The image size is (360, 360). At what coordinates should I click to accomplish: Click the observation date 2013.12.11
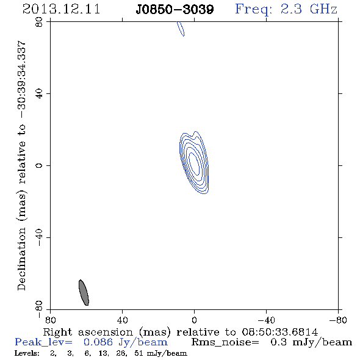tap(61, 9)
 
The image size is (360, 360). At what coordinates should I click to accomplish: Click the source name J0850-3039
tap(175, 9)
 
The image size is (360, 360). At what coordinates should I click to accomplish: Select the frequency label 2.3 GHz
tap(309, 9)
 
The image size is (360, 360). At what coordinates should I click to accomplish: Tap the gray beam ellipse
tap(84, 292)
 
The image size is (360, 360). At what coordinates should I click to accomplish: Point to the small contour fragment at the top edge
tap(181, 29)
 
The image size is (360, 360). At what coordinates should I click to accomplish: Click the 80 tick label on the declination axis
tap(39, 22)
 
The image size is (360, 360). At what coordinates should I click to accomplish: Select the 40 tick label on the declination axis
tap(39, 94)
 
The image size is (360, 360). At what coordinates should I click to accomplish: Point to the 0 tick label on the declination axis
tap(39, 165)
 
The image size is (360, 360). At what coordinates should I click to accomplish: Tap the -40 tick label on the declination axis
tap(39, 237)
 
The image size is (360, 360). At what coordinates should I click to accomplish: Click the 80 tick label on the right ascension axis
tap(50, 320)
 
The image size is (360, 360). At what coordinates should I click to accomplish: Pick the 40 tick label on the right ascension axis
tap(123, 320)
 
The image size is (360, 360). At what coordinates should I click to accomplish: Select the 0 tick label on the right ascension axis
tap(194, 320)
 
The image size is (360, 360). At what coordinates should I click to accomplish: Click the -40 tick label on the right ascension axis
tap(266, 320)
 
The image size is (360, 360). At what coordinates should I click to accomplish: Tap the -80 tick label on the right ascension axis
tap(338, 320)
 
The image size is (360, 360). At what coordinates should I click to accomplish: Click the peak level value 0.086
tap(98, 342)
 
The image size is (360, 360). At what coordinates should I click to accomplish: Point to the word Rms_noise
tap(225, 342)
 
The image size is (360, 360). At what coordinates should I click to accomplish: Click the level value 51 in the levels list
tap(139, 353)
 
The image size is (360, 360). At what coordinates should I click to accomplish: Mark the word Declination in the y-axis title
tap(21, 259)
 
